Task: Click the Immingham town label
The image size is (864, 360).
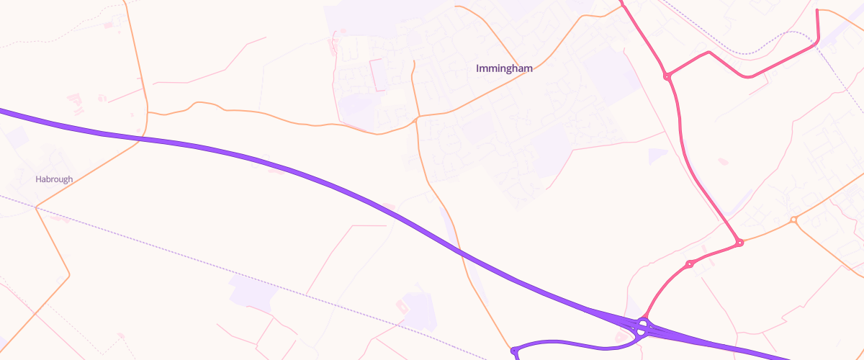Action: [x=504, y=68]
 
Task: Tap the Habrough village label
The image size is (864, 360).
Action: [x=54, y=179]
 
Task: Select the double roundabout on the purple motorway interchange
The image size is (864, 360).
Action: [x=642, y=328]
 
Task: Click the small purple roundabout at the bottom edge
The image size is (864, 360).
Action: [x=514, y=351]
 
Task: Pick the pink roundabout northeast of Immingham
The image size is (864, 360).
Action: [x=667, y=76]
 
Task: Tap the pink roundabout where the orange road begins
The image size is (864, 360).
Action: [x=739, y=243]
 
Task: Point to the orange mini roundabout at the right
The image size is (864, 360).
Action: [x=793, y=220]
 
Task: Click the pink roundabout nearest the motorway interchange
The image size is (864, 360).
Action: [x=689, y=264]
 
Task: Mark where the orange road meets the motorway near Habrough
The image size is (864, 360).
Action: [x=141, y=138]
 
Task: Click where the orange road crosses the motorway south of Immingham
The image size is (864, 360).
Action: [x=460, y=253]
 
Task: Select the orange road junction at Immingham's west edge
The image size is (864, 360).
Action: [x=418, y=117]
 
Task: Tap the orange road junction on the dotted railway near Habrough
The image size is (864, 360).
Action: [x=36, y=207]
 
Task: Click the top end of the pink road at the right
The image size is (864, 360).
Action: [x=817, y=10]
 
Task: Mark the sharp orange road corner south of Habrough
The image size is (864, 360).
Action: [x=69, y=275]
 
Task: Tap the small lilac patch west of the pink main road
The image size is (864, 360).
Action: [x=658, y=156]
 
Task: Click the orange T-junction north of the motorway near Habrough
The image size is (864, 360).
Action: [x=148, y=112]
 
